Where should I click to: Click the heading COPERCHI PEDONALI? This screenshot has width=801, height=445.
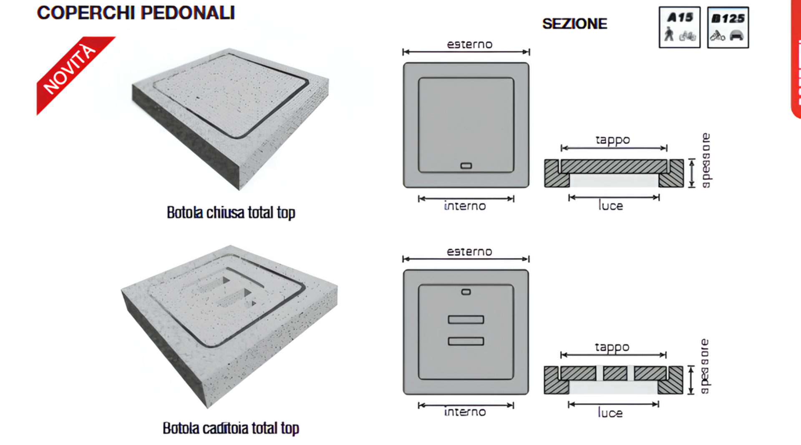pos(136,12)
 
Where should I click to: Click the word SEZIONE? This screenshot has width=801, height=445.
pos(574,24)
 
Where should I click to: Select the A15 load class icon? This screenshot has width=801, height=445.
pos(680,27)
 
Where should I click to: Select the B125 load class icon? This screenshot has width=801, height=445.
pos(728,27)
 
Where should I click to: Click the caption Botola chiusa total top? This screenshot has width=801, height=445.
pos(231,212)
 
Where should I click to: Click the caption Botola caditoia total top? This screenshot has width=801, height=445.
pos(231,428)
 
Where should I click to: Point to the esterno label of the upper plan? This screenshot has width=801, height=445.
pos(469,44)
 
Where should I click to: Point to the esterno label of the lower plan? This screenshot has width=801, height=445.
pos(469,252)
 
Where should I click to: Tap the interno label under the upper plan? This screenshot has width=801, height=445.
pos(465,206)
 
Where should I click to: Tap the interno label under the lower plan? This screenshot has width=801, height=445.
pos(465,412)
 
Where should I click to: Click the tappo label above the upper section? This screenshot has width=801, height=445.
pos(612,140)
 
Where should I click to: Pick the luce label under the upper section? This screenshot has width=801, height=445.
pos(611,205)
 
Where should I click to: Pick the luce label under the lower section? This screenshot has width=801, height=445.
pos(610,412)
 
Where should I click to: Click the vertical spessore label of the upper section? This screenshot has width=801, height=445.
pos(706,160)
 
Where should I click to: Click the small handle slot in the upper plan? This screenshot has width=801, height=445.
pos(466,166)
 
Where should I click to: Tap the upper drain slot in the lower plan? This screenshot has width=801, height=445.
pos(466,320)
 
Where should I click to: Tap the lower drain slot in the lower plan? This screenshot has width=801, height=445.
pos(466,341)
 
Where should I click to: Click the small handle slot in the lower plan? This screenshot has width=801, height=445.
pos(466,292)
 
